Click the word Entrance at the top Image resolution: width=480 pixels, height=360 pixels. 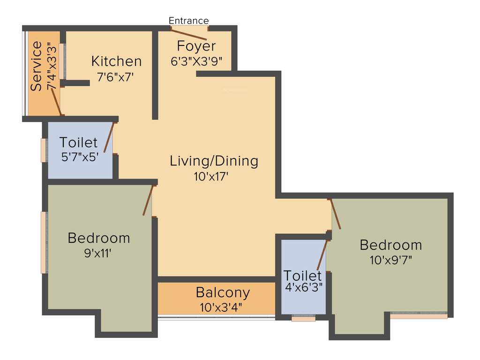188,21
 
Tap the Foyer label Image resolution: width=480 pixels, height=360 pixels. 196,46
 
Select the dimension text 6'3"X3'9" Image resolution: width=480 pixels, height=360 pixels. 196,61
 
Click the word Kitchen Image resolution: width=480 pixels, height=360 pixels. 116,61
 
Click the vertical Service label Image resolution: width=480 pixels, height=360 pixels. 37,67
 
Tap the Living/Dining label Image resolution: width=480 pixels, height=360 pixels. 214,161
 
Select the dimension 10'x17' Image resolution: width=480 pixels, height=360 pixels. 214,177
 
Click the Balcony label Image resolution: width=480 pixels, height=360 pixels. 223,293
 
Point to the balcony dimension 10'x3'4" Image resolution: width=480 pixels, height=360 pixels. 223,308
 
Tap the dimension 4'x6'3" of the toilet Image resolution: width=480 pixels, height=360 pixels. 303,287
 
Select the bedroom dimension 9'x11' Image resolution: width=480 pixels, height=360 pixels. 98,254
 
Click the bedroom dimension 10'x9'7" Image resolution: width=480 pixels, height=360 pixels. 391,260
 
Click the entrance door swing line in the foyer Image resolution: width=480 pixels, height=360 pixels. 188,34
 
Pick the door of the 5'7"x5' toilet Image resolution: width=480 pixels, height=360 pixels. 109,137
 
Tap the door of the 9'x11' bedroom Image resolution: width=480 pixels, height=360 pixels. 148,200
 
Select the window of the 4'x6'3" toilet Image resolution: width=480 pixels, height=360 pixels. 303,319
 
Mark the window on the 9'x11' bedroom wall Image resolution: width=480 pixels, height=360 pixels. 44,242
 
